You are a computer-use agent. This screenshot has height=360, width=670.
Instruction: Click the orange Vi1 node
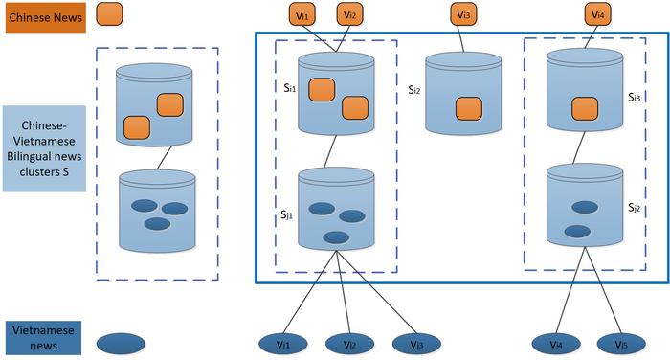(302, 14)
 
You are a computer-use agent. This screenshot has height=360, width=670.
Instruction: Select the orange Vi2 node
(350, 14)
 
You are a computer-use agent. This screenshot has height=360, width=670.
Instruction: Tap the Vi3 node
(463, 14)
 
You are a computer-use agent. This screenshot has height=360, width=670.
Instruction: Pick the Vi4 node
(598, 14)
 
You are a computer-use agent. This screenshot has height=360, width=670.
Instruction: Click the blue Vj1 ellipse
(283, 344)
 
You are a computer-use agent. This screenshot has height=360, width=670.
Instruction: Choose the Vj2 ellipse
(349, 344)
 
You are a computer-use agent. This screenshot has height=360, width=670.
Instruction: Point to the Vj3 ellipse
(416, 344)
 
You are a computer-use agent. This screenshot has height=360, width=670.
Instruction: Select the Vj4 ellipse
(556, 344)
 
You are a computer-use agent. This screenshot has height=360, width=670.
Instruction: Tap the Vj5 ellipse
(621, 344)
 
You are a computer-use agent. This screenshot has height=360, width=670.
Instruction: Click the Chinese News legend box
(45, 17)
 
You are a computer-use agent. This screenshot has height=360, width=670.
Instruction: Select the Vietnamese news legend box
(44, 338)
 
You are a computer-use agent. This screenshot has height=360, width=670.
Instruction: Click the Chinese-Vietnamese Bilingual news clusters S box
(44, 148)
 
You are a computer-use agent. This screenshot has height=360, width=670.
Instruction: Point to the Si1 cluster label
(290, 88)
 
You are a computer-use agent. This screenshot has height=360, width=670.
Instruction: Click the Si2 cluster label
(414, 90)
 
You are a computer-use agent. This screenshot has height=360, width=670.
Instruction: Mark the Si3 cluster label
(634, 97)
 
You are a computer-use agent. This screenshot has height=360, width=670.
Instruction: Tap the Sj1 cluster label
(287, 214)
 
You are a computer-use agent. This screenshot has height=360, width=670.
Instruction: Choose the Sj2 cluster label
(634, 208)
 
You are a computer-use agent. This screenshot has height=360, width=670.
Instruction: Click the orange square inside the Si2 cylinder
(469, 108)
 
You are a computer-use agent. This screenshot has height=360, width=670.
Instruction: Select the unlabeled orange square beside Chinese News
(109, 14)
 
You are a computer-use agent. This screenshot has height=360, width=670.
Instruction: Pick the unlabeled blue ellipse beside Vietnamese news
(121, 344)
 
